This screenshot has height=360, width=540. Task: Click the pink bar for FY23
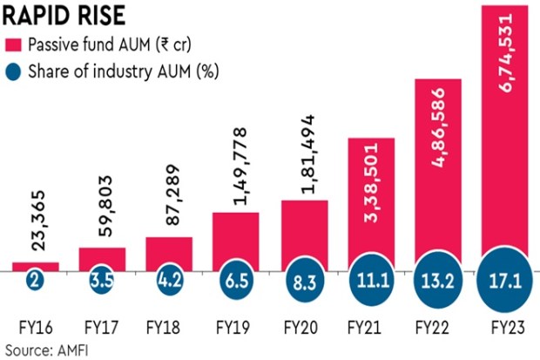(505, 139)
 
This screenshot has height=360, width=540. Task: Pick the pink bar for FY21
(371, 205)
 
